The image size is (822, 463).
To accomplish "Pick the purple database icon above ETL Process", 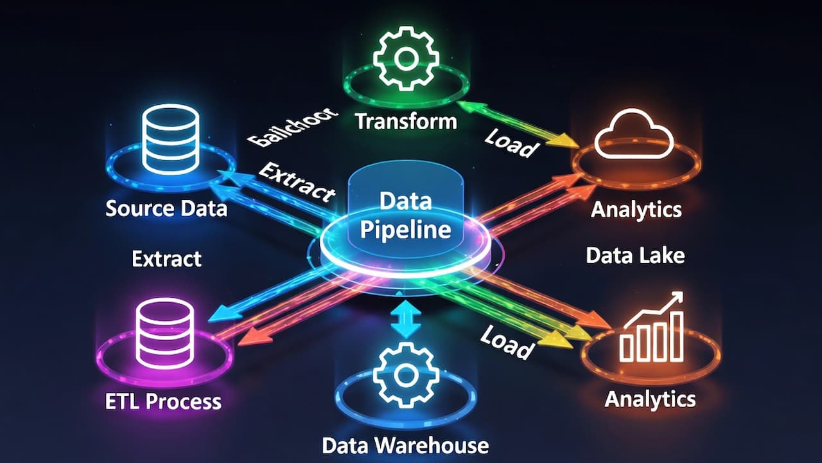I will [165, 334].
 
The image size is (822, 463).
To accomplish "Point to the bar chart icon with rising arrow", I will [651, 327].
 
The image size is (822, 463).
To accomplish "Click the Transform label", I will [406, 121].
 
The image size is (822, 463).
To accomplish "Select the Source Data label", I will [166, 208].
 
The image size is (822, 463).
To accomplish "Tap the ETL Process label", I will [163, 402].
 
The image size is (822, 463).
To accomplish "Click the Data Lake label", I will [635, 256].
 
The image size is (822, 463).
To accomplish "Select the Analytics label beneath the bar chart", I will [650, 399].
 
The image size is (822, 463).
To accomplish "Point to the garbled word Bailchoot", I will [292, 125].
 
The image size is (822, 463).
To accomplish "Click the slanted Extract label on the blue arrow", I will [297, 182].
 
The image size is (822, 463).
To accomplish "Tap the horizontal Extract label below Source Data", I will [166, 259].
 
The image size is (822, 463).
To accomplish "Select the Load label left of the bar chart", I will [507, 342].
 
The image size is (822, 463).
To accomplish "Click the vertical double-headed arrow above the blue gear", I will [405, 317].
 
